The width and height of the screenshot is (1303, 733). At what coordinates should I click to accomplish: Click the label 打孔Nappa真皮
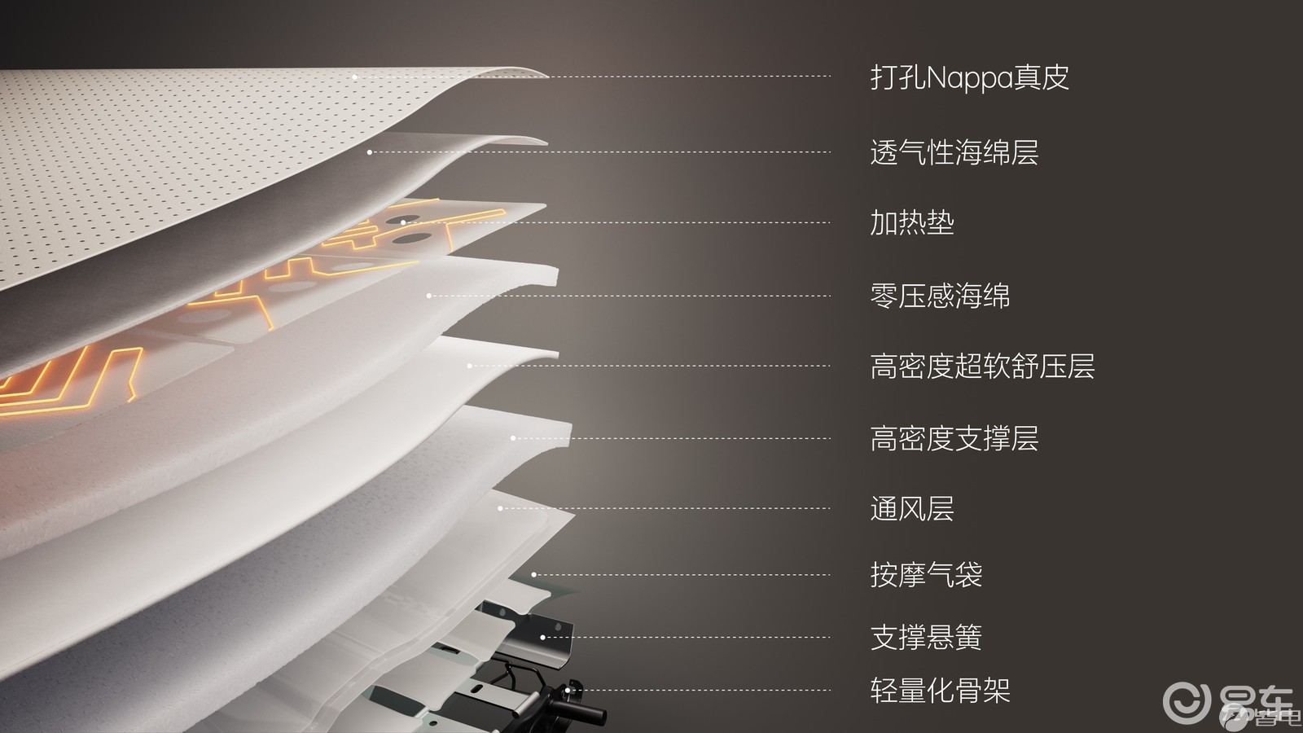tap(970, 77)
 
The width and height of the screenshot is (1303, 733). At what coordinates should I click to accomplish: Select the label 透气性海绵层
tap(954, 152)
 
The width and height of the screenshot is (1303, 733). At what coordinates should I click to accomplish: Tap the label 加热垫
tap(912, 222)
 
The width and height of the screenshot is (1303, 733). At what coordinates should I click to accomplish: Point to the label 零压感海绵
tap(940, 296)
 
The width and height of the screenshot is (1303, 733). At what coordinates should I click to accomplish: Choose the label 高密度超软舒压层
tap(982, 366)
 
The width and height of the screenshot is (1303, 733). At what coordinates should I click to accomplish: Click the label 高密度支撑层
tap(954, 439)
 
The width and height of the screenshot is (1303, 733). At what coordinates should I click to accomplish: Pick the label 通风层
tap(912, 508)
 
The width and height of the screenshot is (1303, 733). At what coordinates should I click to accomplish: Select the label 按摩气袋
tap(926, 575)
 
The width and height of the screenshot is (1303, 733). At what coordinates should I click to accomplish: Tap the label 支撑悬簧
tap(926, 637)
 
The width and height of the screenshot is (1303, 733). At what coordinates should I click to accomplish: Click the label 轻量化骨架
tap(940, 691)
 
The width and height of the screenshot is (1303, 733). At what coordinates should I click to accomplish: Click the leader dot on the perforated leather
tap(355, 77)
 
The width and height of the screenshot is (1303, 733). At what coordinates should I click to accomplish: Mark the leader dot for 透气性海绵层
tap(370, 152)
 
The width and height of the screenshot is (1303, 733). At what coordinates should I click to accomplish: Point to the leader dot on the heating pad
tap(403, 222)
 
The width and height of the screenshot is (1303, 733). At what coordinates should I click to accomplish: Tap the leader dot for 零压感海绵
tap(428, 296)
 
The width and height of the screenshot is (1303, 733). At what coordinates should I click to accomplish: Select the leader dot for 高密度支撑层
tap(512, 438)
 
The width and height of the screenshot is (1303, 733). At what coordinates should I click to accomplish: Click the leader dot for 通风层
tap(500, 508)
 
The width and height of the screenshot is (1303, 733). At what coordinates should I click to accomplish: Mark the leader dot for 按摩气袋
tap(533, 575)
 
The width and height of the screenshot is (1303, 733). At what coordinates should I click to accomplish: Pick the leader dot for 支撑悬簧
tap(542, 637)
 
